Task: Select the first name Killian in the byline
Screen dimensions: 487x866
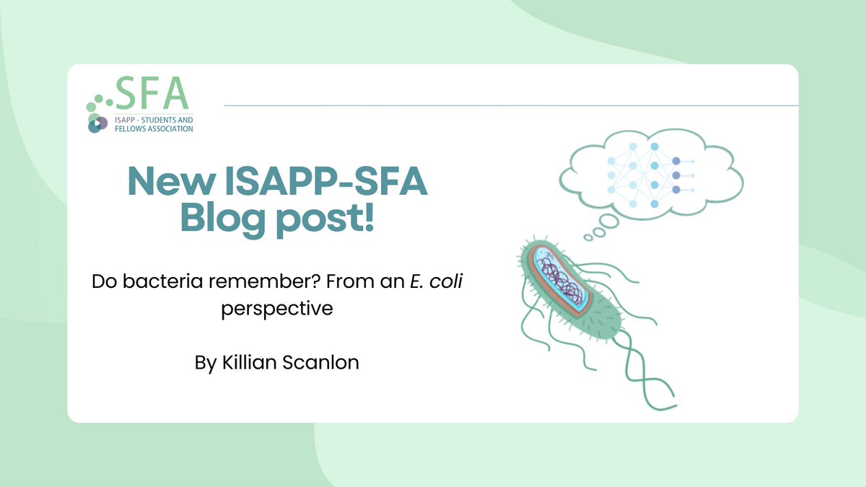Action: click(246, 362)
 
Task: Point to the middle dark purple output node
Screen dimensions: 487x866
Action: click(675, 175)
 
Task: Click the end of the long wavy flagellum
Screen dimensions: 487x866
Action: click(671, 394)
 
